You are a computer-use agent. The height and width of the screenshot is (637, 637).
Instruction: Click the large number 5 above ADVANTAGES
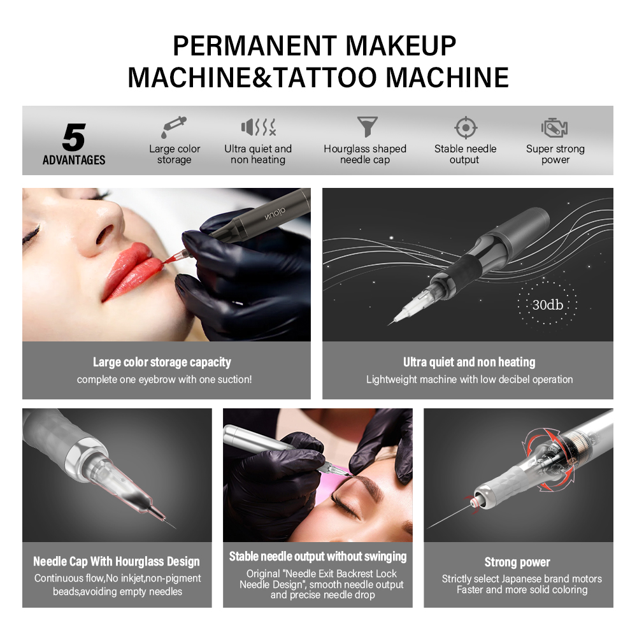click(74, 138)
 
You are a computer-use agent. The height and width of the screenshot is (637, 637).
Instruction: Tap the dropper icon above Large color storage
click(173, 127)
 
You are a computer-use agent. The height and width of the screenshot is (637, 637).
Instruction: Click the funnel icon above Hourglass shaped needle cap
click(368, 126)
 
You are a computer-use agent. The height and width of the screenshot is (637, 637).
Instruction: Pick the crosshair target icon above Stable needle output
click(466, 127)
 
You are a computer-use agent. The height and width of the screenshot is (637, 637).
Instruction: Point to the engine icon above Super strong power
click(555, 127)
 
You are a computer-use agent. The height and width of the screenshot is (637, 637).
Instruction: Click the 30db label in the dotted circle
click(548, 304)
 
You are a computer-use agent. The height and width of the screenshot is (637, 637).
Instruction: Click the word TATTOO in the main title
click(326, 77)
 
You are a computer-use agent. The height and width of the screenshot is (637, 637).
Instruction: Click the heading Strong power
click(517, 562)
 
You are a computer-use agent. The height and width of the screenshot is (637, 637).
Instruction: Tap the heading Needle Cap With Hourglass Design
click(117, 561)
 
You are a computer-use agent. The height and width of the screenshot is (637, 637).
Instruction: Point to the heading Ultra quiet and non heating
click(469, 362)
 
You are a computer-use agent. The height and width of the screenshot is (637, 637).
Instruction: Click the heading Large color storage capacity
click(162, 362)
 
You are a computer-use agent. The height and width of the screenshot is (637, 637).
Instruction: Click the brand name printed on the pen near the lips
click(275, 213)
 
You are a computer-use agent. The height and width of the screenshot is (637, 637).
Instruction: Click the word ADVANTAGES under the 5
click(74, 160)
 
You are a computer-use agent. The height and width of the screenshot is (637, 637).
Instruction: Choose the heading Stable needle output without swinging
click(318, 557)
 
